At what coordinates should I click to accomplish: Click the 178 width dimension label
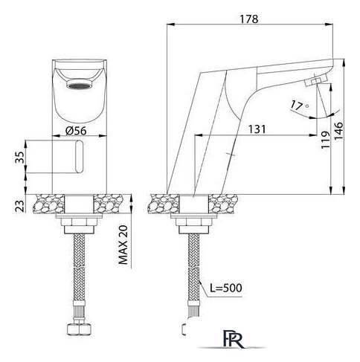249,19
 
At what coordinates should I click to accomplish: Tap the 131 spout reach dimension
257,129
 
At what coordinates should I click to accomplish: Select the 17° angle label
300,106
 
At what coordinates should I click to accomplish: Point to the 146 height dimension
338,131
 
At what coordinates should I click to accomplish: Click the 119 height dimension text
326,140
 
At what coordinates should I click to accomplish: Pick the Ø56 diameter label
76,131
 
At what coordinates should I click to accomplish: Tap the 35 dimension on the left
20,158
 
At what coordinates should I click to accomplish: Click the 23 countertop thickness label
20,206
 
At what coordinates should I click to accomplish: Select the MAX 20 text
123,245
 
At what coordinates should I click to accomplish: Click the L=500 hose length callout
226,288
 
